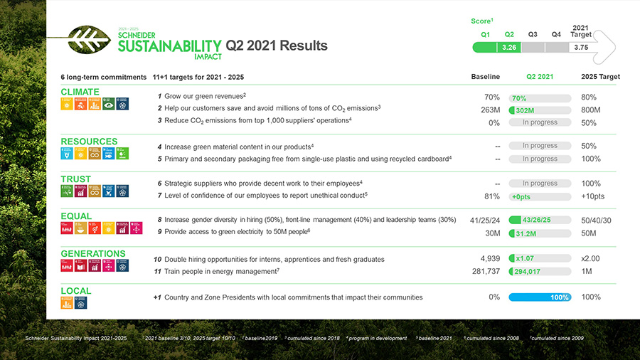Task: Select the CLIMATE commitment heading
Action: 80,92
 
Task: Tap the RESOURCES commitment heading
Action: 89,142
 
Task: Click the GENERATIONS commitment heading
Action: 93,253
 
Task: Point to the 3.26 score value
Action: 509,47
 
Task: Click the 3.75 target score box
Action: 581,47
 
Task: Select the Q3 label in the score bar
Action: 533,34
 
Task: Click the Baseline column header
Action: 486,77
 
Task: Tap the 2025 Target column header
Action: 600,77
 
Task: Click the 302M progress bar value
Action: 540,110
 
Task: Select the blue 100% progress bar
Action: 540,297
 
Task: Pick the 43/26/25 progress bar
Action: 540,220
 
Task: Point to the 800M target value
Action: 591,110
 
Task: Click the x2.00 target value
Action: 592,259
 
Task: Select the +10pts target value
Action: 592,196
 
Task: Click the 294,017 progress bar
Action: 540,272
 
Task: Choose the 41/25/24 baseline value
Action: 485,221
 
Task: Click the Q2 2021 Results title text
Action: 277,46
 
